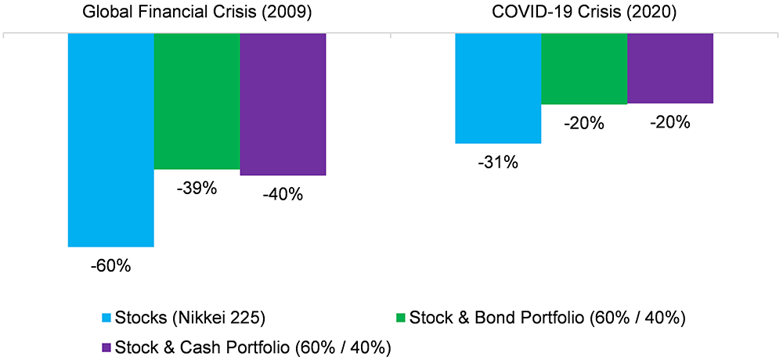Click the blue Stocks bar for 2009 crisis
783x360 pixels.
pos(110,140)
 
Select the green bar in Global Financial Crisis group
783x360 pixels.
pos(197,102)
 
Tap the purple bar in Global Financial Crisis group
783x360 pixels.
pos(283,104)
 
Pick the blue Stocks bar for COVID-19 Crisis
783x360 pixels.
pos(498,88)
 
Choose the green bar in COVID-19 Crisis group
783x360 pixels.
pos(584,69)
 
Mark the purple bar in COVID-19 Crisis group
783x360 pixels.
pos(670,68)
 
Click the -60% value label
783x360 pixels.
pos(110,266)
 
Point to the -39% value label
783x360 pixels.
pos(197,189)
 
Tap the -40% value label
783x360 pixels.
pos(283,194)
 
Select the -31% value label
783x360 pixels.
pos(499,163)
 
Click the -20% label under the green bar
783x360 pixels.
pos(585,123)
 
